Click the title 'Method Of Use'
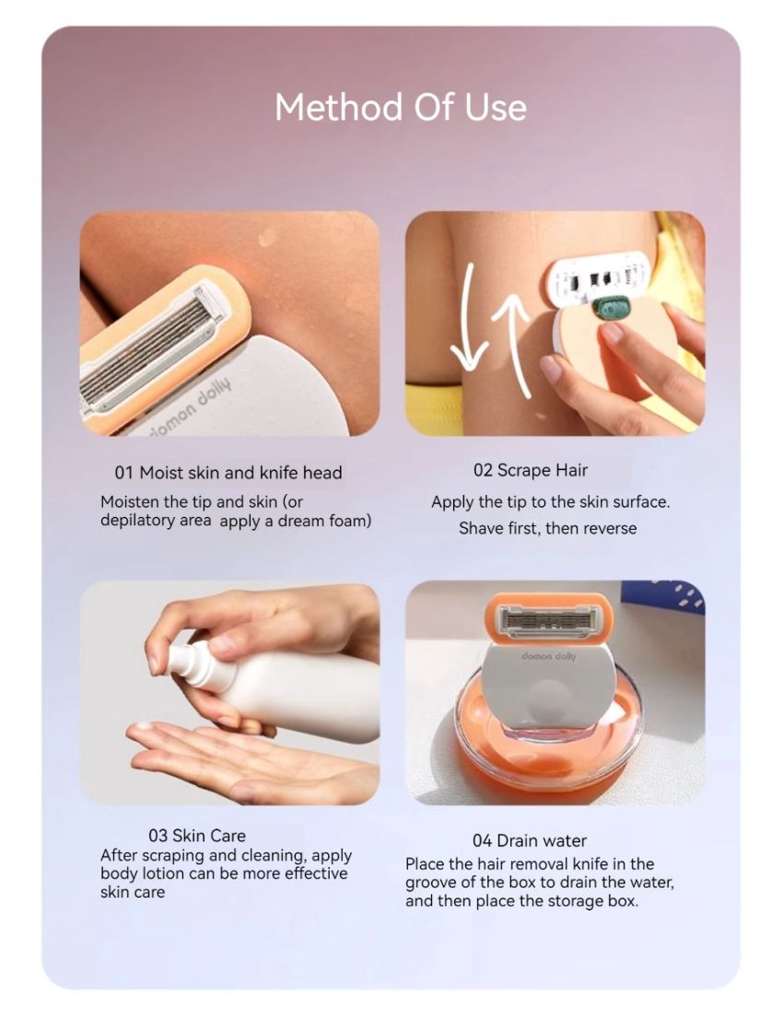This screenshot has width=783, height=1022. (401, 107)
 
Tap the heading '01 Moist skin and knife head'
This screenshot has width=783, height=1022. (228, 473)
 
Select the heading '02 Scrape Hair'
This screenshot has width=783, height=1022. (530, 470)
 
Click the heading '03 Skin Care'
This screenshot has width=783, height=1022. (197, 836)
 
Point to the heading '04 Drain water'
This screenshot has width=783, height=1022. (529, 840)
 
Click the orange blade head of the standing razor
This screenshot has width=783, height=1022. (549, 617)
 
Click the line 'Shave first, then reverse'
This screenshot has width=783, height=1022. (547, 528)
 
